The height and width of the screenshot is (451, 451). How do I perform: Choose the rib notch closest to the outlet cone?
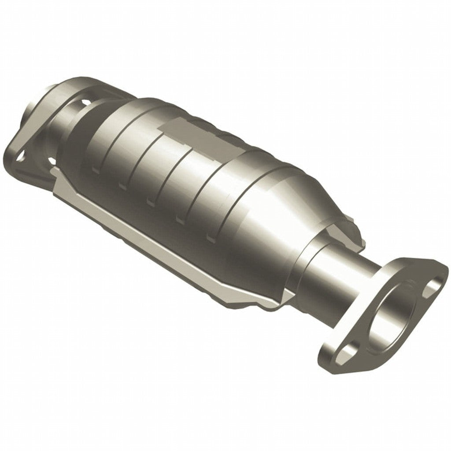pyautogui.click(x=211, y=238)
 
